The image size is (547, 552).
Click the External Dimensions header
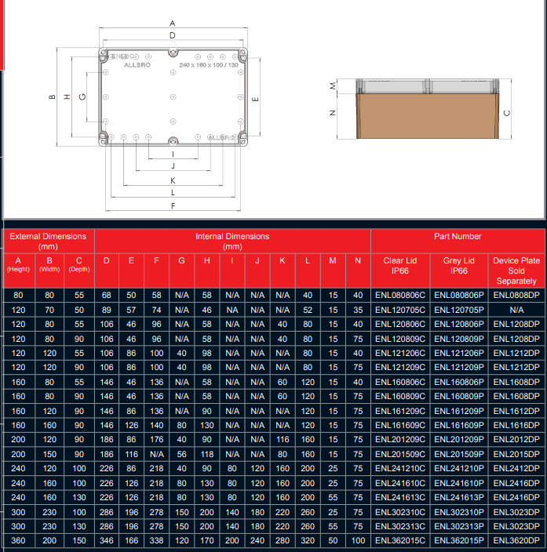click(x=48, y=241)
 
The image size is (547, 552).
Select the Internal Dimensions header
click(x=232, y=241)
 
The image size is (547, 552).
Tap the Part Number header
click(x=458, y=236)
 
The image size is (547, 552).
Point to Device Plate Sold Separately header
click(x=516, y=271)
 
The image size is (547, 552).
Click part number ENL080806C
click(x=400, y=295)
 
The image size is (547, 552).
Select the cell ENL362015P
click(x=459, y=540)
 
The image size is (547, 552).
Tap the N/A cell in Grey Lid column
click(x=459, y=310)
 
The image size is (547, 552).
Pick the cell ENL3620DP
click(x=516, y=540)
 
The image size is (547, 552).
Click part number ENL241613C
click(x=400, y=496)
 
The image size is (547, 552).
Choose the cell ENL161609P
click(x=459, y=423)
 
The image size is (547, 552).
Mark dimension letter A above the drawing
click(x=172, y=24)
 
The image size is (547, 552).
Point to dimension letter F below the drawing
click(x=172, y=206)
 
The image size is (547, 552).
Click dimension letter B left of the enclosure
click(x=51, y=97)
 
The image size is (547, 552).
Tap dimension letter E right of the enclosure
click(x=256, y=99)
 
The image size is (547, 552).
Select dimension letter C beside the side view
click(x=507, y=112)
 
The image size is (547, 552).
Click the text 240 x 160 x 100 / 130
click(x=208, y=64)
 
